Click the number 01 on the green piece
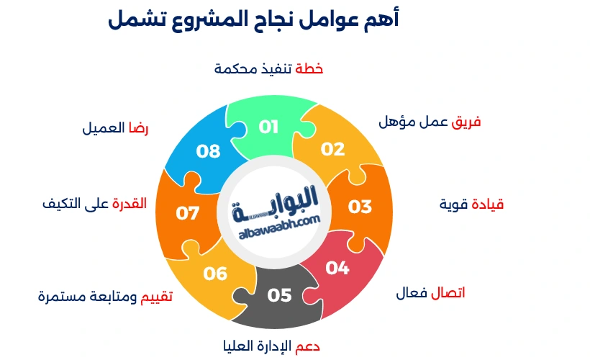pyautogui.click(x=268, y=127)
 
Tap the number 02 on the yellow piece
pyautogui.click(x=333, y=149)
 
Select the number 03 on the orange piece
pyautogui.click(x=360, y=207)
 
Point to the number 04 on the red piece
pyautogui.click(x=337, y=268)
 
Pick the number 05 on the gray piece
pyautogui.click(x=279, y=294)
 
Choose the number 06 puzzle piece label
pyautogui.click(x=215, y=274)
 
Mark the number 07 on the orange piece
pyautogui.click(x=188, y=214)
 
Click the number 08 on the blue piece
pyautogui.click(x=208, y=151)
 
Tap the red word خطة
pyautogui.click(x=309, y=69)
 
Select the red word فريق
pyautogui.click(x=466, y=122)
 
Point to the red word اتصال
pyautogui.click(x=448, y=293)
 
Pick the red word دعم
pyautogui.click(x=307, y=346)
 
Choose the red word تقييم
pyautogui.click(x=156, y=296)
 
